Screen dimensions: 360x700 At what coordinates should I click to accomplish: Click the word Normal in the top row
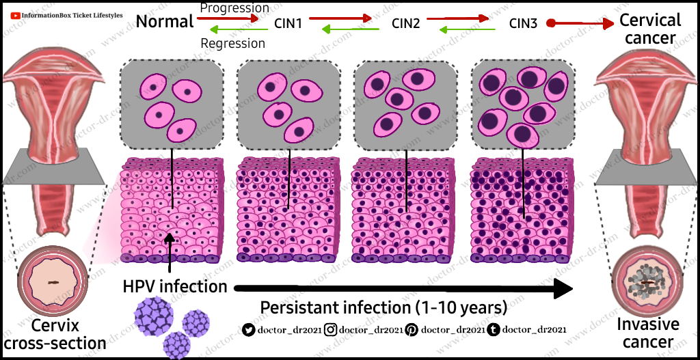pos(165,22)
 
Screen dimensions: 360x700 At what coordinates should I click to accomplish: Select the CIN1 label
pos(288,23)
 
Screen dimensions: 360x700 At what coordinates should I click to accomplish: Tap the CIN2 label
pos(406,23)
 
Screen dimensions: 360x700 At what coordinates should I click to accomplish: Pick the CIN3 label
pos(523,23)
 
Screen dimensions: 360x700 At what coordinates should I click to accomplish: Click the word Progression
pos(234,8)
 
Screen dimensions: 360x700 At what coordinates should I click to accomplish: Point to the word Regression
pos(232,43)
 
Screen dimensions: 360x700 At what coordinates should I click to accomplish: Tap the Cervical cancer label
pos(650,29)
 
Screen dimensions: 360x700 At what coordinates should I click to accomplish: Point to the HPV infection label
pos(174,286)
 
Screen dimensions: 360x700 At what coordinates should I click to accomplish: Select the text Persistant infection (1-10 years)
pos(384,306)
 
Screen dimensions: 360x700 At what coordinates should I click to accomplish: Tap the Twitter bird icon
pos(249,330)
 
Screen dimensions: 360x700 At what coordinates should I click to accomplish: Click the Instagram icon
pos(331,330)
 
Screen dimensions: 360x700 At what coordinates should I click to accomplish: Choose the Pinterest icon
pos(412,330)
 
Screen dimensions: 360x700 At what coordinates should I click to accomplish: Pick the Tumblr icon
pos(493,330)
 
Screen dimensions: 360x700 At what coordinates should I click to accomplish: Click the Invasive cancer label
pos(649,333)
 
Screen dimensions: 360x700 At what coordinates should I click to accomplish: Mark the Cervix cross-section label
pos(55,334)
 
